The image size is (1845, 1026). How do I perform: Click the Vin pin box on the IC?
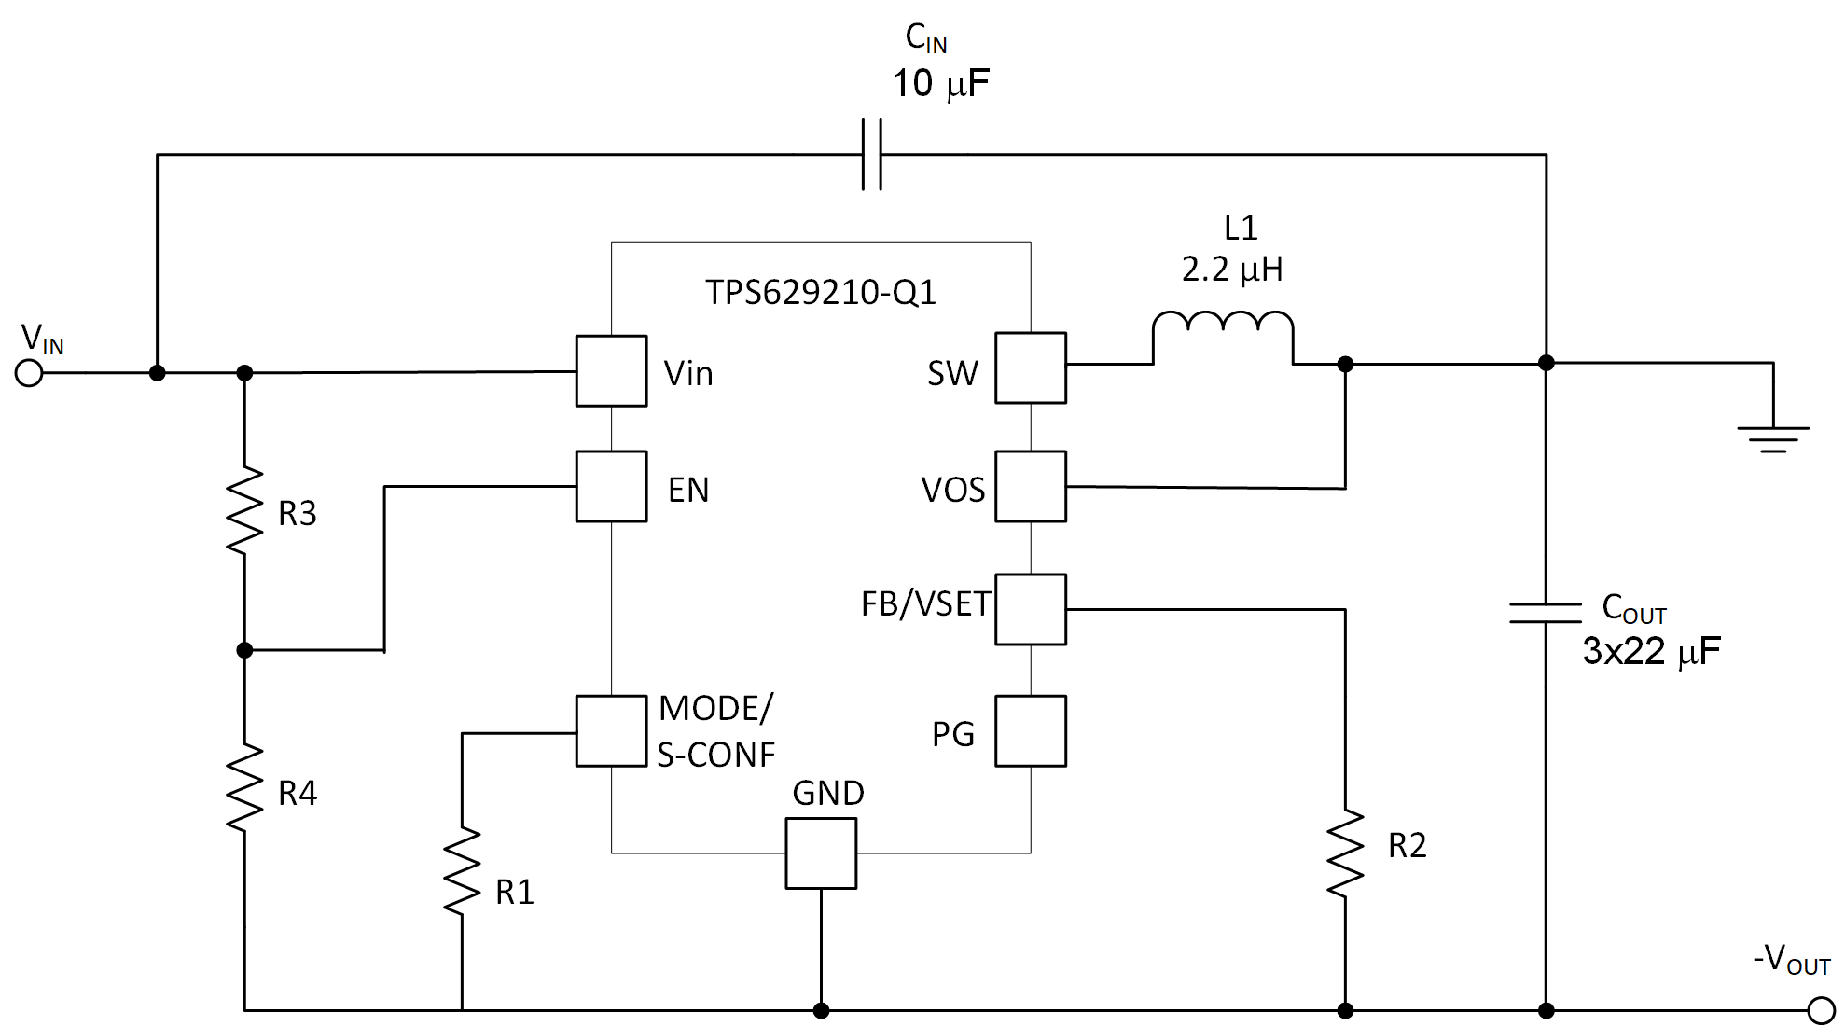coord(611,371)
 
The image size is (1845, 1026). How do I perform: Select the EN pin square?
coord(611,486)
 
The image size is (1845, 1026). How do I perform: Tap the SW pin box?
coord(1030,367)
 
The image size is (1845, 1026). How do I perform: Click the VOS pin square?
coord(1030,486)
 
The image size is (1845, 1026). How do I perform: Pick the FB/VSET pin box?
coord(1030,609)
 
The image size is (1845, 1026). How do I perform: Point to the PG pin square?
coord(1030,730)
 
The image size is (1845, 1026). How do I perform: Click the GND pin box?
coord(821,853)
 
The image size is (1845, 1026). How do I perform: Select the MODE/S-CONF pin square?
coord(611,730)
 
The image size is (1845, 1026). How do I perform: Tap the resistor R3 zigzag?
coord(244,511)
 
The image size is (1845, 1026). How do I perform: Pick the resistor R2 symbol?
coord(1345,853)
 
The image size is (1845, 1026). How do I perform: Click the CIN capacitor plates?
coord(871,155)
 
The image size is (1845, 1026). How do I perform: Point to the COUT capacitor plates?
coord(1546,613)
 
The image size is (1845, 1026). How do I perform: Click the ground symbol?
coord(1772,438)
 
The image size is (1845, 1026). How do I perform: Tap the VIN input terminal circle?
coord(30,373)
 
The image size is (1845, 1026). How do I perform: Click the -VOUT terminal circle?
coord(1820,1010)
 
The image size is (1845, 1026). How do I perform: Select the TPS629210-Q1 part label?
coord(820,293)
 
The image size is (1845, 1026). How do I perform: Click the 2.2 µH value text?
coord(1232,270)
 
